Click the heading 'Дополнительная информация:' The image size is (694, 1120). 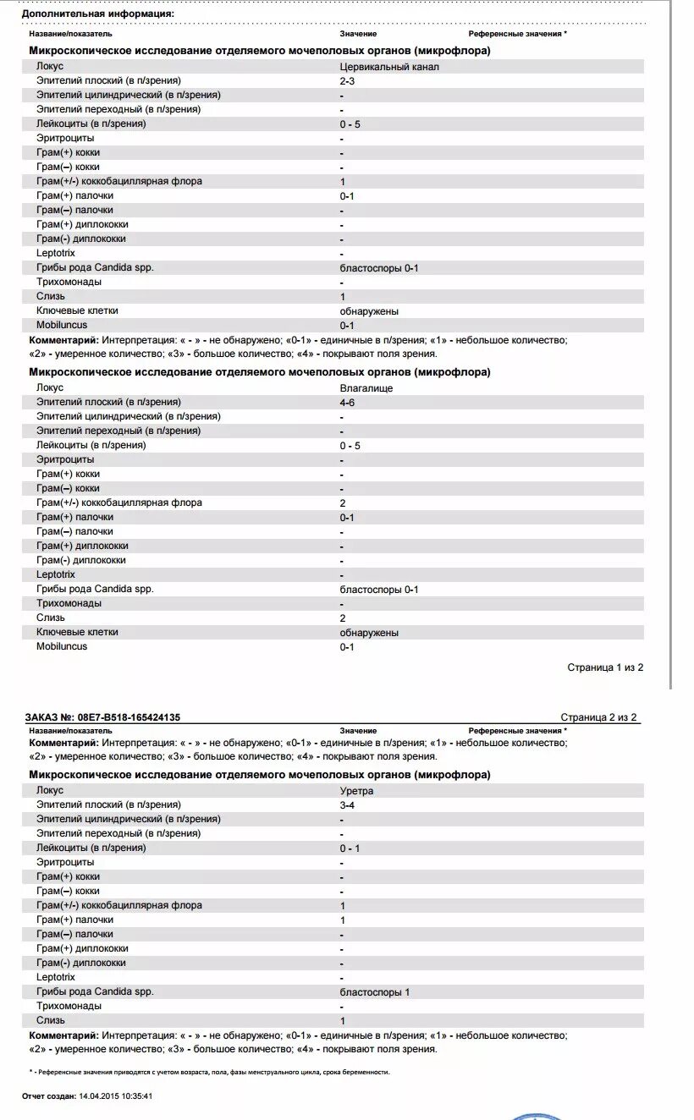coord(97,14)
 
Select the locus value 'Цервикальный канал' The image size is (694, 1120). coord(389,67)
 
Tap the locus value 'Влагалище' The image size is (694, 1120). coord(366,388)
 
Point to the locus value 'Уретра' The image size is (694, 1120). coord(356,791)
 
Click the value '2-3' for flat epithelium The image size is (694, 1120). coord(347,80)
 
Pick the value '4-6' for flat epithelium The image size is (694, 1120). coord(347,403)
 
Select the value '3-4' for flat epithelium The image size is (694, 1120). coord(347,805)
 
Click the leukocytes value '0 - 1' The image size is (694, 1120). coord(350,848)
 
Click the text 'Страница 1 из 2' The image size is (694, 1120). coord(605,667)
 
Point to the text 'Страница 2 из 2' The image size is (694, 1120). coord(598,717)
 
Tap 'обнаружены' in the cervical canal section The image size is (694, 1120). coord(369,311)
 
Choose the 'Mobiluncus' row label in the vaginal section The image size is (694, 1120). coord(62,646)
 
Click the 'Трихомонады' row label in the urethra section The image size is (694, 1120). coord(69,1006)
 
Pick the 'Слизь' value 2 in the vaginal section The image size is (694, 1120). coord(343,618)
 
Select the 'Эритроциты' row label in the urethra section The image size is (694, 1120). coord(66,862)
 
